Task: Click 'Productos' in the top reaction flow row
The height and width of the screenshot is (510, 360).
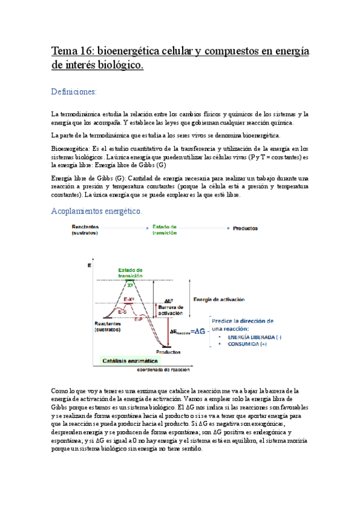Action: pyautogui.click(x=245, y=229)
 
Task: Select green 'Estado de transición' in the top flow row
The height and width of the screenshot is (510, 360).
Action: pyautogui.click(x=165, y=229)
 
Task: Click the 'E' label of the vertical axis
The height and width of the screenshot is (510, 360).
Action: pyautogui.click(x=90, y=265)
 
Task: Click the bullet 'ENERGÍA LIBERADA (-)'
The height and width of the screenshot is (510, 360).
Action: pyautogui.click(x=251, y=337)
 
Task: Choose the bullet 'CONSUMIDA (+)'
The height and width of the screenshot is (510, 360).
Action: pyautogui.click(x=243, y=345)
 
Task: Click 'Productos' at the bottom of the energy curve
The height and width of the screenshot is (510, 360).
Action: pyautogui.click(x=169, y=352)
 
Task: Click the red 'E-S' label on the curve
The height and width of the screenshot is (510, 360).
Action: pyautogui.click(x=122, y=312)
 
